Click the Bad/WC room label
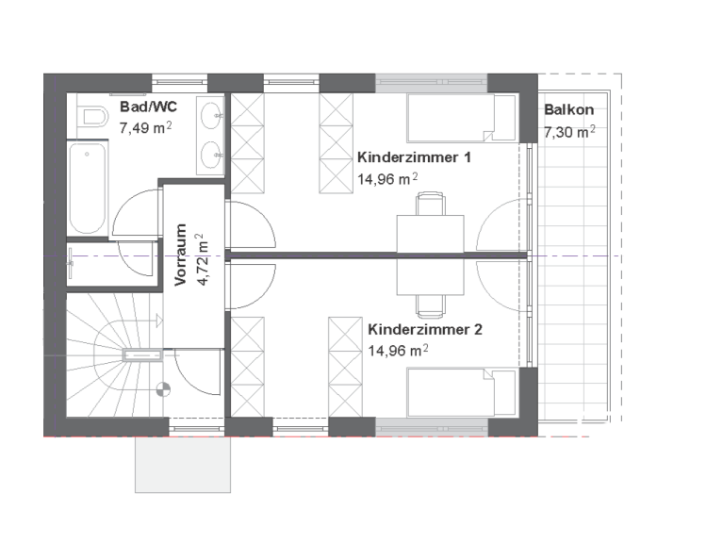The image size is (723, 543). click(148, 107)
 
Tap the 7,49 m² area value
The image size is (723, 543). click(146, 127)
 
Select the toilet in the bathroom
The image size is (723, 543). click(92, 116)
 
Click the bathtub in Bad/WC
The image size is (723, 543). click(88, 188)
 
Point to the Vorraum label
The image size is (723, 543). click(181, 255)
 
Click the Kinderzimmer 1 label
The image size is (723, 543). click(414, 157)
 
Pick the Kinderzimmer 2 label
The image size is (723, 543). click(425, 330)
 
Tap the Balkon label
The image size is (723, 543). click(568, 109)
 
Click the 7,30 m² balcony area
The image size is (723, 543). click(569, 132)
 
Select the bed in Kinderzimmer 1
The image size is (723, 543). click(461, 118)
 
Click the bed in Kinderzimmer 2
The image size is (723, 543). click(461, 392)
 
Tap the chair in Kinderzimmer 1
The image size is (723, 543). click(431, 204)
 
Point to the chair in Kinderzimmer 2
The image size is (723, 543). click(431, 306)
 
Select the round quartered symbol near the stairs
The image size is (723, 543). click(163, 389)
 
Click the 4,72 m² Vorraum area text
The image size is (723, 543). click(203, 259)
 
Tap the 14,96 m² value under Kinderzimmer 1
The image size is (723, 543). click(387, 179)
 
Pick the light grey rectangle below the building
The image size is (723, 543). click(183, 465)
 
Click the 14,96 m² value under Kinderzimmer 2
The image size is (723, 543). click(399, 351)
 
